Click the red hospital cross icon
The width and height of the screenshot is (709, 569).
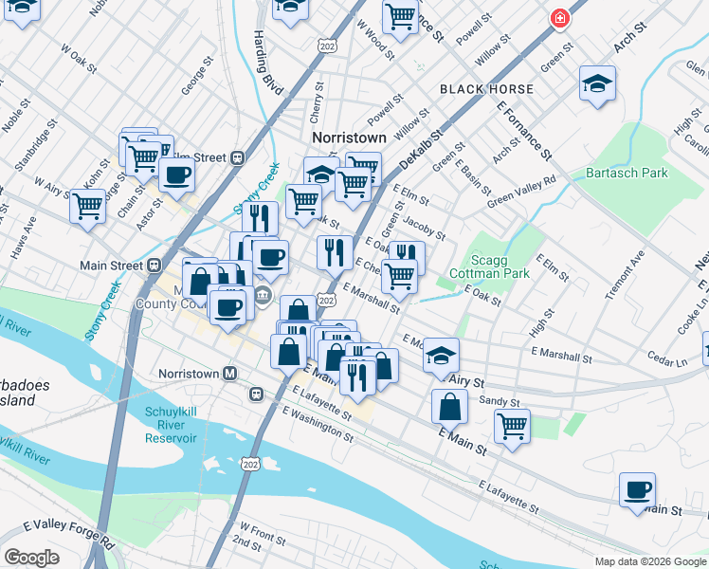coord(560,18)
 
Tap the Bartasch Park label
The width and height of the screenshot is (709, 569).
coord(627,173)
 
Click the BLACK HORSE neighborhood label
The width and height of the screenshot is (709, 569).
coord(486,89)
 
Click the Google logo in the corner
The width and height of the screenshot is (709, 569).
coord(31,558)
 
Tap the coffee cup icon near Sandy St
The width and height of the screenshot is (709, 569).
coord(637,490)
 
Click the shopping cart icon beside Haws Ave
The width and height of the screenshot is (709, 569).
coord(87,204)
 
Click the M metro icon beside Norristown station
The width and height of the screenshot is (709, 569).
coord(228,374)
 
